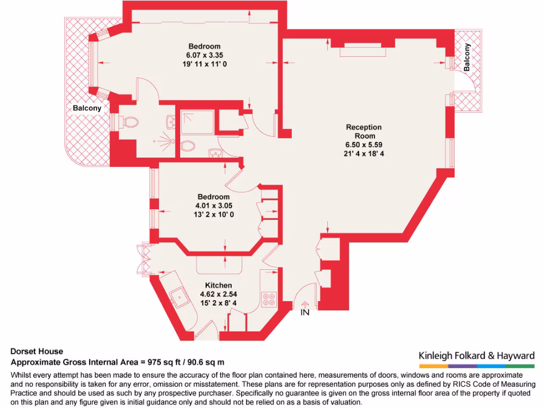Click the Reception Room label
pos(364,131)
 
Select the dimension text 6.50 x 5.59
pos(364,144)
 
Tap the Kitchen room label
pos(219,285)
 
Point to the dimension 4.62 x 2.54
pos(219,294)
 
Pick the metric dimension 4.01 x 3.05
pos(214,206)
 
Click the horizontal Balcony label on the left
pos(87,108)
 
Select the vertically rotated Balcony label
pos(467,57)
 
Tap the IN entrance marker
pos(305,313)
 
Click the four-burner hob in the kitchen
pos(268,299)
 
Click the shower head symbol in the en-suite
pos(164,141)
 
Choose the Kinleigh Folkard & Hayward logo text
pos(477,355)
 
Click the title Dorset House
pos(37,351)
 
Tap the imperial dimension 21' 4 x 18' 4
pos(364,154)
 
